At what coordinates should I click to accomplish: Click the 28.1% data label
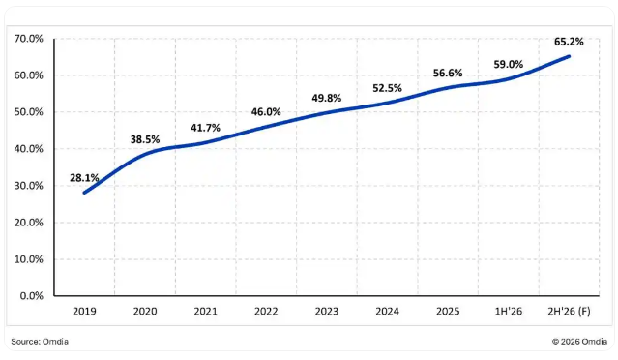point(84,178)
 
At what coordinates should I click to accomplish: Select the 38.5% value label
point(145,139)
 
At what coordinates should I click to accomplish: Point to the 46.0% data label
point(266,112)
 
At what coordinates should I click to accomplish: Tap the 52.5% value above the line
point(387,88)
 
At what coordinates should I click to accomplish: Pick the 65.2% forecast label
point(569,42)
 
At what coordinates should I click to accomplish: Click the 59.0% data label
point(509,64)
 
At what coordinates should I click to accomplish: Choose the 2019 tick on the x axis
point(84,312)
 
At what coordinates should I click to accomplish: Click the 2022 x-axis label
point(266,312)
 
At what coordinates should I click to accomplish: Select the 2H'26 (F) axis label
point(569,312)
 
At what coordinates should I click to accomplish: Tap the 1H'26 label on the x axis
point(509,312)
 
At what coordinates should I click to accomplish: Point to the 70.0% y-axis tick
point(28,39)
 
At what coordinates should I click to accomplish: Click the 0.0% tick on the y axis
point(32,296)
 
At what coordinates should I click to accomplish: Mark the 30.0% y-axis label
point(28,186)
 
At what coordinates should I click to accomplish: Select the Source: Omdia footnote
point(40,342)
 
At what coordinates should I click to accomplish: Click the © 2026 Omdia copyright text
point(579,342)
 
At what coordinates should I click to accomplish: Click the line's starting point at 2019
point(84,193)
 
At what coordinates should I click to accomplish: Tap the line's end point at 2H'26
point(569,56)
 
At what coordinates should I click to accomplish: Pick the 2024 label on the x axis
point(387,312)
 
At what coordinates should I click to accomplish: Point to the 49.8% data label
point(326,98)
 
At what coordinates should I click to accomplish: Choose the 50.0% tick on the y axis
point(28,112)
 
